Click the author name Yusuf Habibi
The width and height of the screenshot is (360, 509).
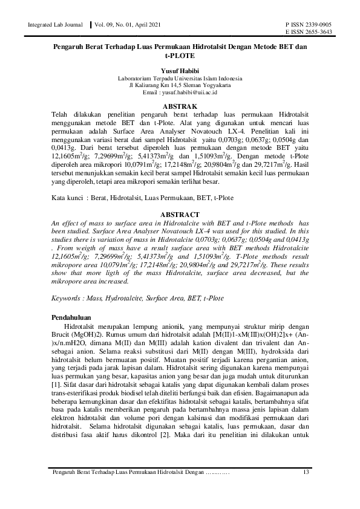click(x=180, y=71)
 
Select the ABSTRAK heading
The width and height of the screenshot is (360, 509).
click(x=180, y=106)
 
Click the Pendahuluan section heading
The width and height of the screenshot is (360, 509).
click(x=69, y=317)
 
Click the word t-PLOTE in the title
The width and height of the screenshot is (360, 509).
click(x=180, y=56)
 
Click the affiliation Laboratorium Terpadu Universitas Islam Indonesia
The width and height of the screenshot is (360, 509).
click(x=180, y=79)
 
